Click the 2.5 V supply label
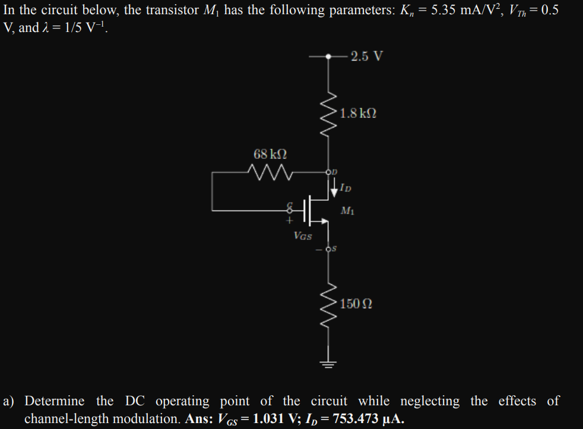click(366, 56)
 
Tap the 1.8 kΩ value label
click(359, 113)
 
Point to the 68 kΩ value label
click(270, 154)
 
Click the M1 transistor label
click(348, 210)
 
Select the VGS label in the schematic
click(303, 236)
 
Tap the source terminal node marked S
click(328, 248)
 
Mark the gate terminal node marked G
click(290, 209)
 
